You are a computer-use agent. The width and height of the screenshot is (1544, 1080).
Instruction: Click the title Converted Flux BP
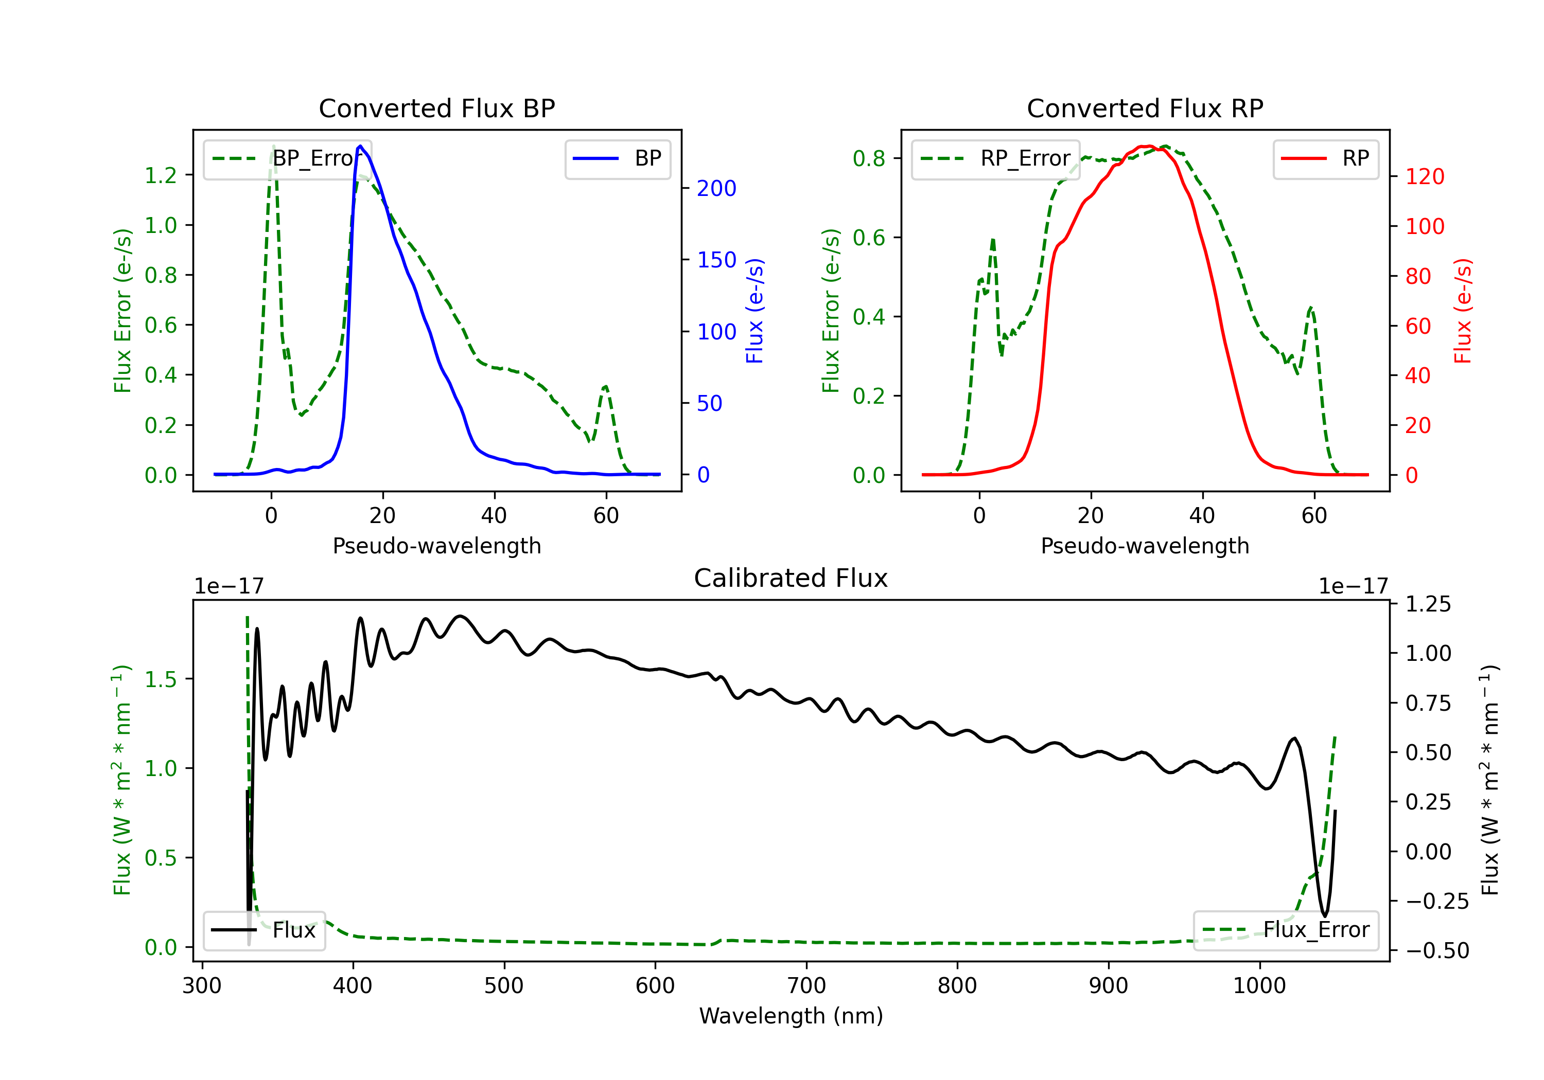(x=436, y=108)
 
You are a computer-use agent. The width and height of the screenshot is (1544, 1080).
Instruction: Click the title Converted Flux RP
(x=1145, y=108)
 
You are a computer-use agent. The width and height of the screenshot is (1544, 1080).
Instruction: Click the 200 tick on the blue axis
(x=716, y=188)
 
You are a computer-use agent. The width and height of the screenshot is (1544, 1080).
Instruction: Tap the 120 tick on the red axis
(x=1424, y=177)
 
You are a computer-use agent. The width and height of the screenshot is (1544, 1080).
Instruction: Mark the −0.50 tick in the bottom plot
(x=1437, y=950)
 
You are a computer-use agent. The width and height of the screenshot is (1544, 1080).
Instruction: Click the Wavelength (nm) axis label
(x=791, y=1016)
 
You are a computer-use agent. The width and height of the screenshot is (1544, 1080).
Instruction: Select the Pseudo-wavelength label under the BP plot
(x=436, y=546)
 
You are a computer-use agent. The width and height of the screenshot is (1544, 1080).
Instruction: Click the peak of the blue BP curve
(x=360, y=146)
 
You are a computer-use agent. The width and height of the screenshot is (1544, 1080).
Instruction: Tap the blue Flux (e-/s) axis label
(x=755, y=311)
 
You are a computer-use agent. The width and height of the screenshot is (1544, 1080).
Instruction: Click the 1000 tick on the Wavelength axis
(x=1259, y=986)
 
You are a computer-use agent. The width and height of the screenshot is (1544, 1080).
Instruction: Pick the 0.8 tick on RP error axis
(x=869, y=158)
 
